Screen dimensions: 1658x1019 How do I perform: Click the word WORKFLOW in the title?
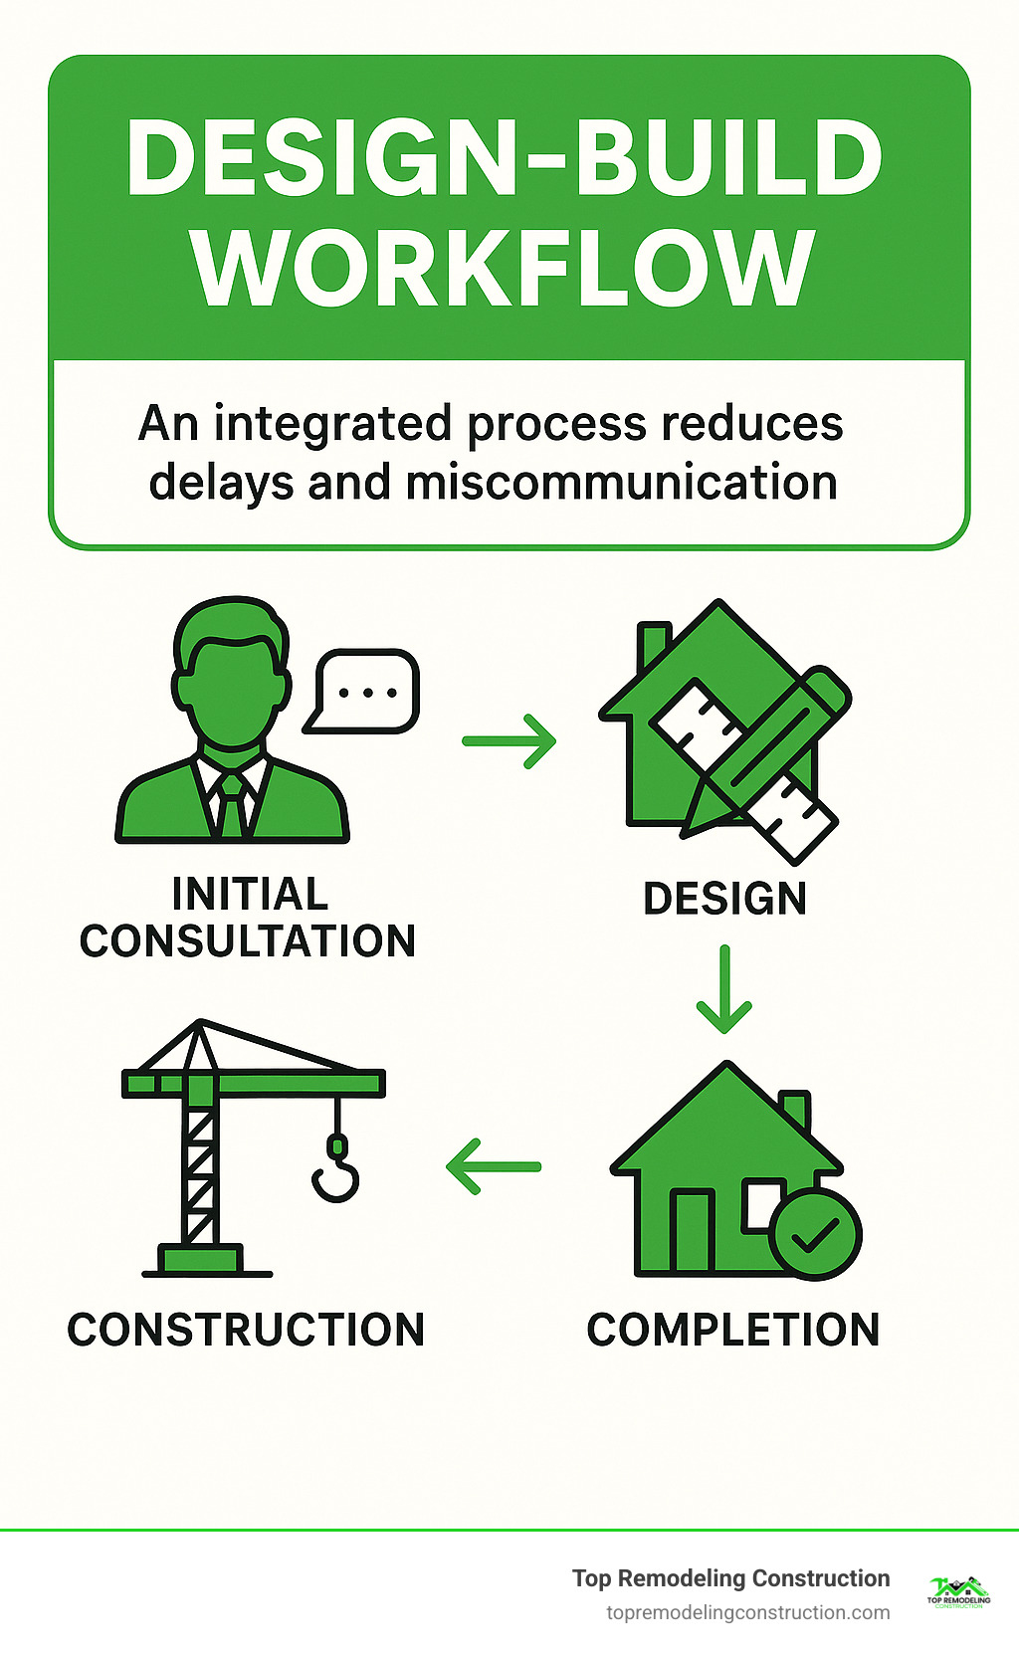tap(505, 269)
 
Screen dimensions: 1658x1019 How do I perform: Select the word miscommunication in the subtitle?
tap(621, 483)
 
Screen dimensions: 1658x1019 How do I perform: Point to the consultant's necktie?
tap(232, 804)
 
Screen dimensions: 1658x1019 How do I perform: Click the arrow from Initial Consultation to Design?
tap(509, 740)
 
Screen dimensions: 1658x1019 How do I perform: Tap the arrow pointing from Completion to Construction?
tap(494, 1166)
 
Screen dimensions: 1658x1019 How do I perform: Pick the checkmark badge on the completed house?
tap(816, 1234)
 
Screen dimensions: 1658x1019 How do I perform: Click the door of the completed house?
tap(692, 1230)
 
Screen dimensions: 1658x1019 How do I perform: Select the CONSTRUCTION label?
tap(246, 1330)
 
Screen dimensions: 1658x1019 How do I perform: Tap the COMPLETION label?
tap(733, 1330)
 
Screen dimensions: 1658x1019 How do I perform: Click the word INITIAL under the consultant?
tap(250, 894)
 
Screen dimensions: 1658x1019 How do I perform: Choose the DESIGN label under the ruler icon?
tap(724, 899)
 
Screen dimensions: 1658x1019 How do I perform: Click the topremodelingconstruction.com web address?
tap(747, 1612)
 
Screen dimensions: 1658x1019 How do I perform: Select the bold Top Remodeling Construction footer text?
tap(730, 1578)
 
